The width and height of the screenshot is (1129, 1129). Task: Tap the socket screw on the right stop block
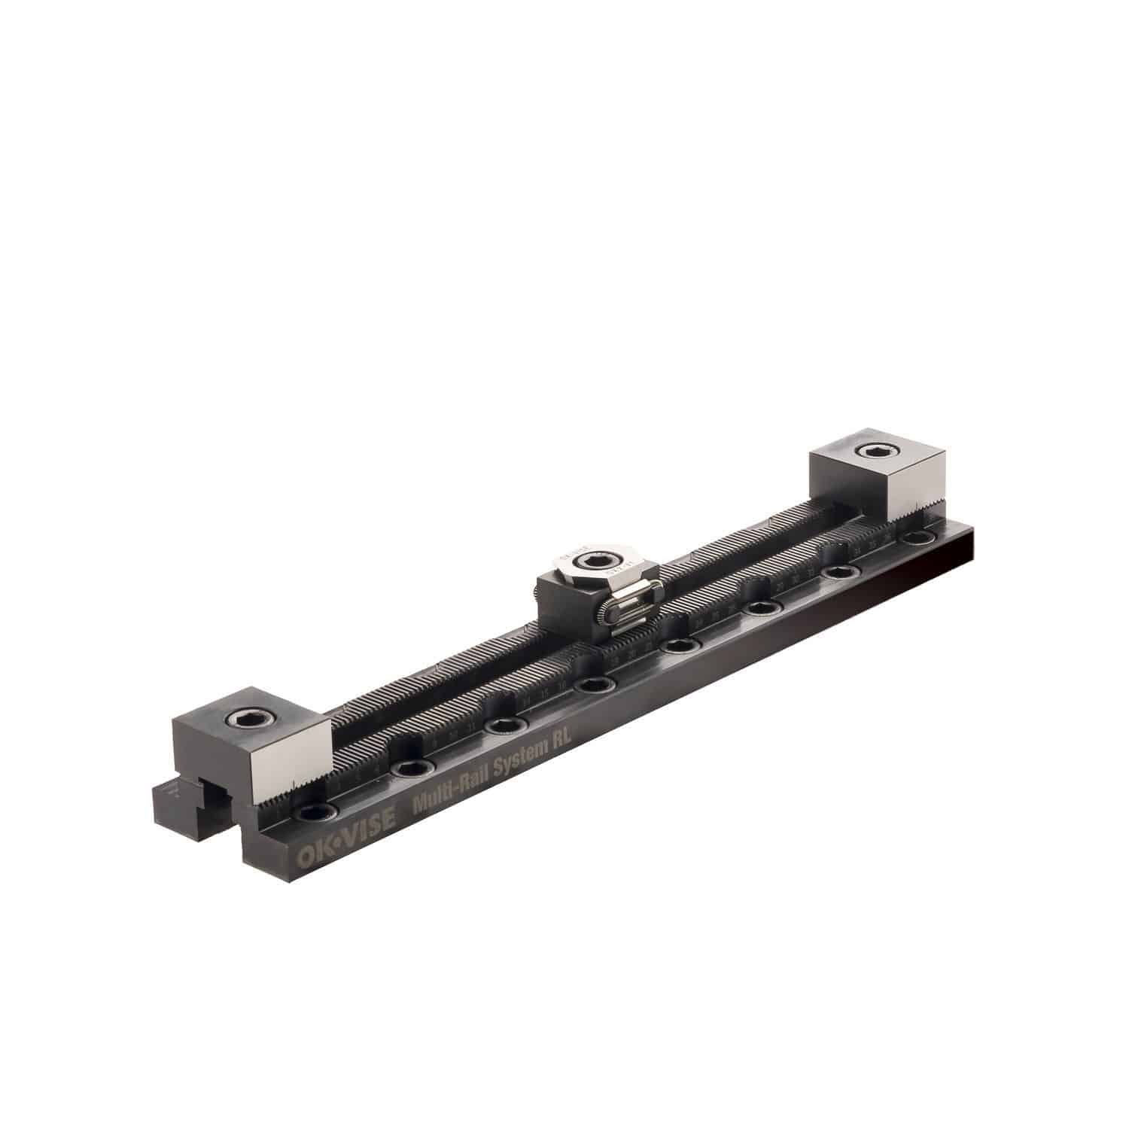[875, 452]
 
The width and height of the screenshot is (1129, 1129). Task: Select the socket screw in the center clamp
[602, 561]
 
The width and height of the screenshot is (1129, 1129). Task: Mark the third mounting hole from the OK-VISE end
[501, 726]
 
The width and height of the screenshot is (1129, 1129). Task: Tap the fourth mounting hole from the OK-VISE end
[595, 685]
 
